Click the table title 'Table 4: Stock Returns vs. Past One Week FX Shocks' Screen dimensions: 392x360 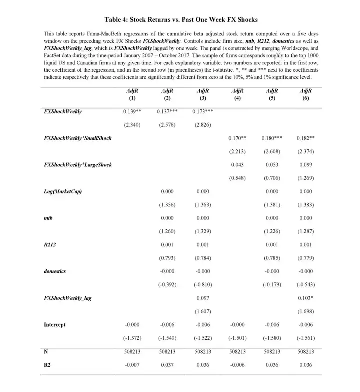point(181,20)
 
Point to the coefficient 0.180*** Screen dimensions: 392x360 point(272,137)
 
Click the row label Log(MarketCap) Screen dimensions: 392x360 point(59,191)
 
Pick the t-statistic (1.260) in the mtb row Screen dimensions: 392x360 point(168,231)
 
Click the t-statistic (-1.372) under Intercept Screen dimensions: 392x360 point(133,338)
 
